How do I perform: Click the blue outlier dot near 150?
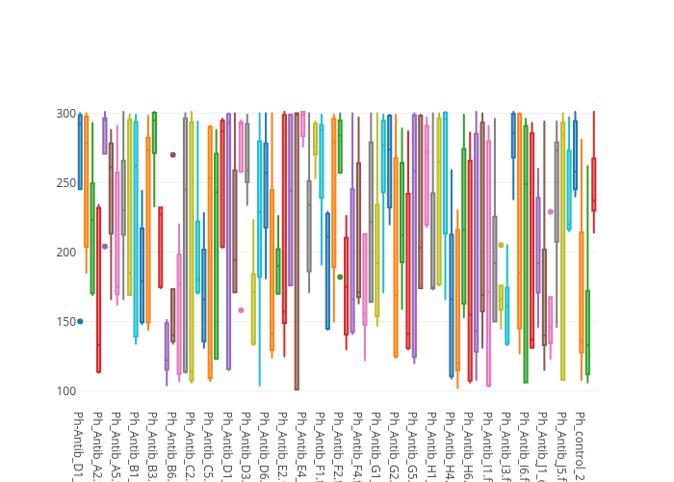80,321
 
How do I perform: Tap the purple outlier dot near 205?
105,246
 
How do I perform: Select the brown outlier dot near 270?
173,154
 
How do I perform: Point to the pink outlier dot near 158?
241,310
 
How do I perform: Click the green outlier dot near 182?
340,277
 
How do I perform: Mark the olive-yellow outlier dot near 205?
501,245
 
